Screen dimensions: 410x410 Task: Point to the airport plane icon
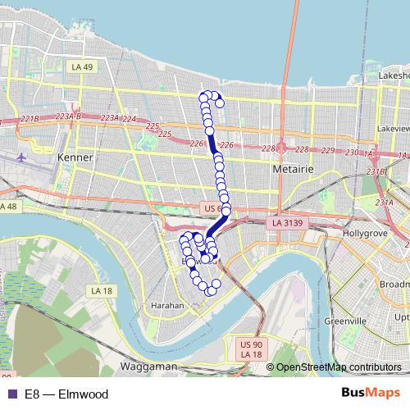pos(20,155)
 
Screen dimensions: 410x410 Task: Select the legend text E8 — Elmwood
pos(66,394)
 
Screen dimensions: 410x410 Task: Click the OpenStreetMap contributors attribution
pos(339,367)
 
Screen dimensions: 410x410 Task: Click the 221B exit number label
pos(30,119)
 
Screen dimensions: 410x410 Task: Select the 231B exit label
pos(376,171)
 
